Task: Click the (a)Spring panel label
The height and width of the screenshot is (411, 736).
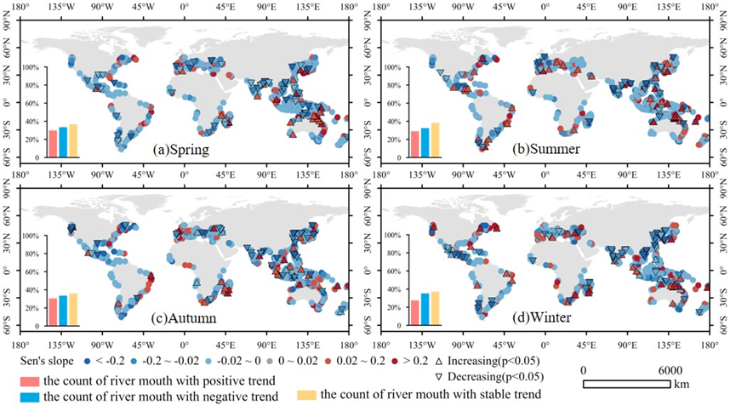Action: tap(180, 150)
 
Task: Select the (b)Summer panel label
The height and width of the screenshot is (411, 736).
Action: tap(545, 149)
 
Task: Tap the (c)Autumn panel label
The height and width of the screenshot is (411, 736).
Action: tap(184, 317)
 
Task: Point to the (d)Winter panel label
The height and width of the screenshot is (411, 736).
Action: tap(543, 317)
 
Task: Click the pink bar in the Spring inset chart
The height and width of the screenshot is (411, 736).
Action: tap(53, 144)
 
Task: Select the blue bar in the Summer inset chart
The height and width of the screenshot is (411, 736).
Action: tap(425, 142)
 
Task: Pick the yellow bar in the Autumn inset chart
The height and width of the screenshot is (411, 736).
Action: tap(73, 309)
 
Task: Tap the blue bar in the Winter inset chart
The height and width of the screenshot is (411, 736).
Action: tap(425, 309)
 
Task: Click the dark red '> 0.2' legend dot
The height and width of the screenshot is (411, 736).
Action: tap(395, 361)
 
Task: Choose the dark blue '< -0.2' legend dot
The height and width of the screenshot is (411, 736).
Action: tap(87, 361)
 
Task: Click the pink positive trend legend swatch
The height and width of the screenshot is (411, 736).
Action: tap(29, 380)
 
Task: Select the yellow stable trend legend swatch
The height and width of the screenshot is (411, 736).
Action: tap(307, 395)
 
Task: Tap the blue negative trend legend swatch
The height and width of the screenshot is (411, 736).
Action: tap(29, 397)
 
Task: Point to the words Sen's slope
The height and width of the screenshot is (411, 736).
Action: tap(47, 361)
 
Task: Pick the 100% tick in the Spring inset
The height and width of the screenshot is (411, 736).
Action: tap(31, 67)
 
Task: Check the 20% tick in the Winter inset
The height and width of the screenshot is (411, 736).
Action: tap(392, 307)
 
